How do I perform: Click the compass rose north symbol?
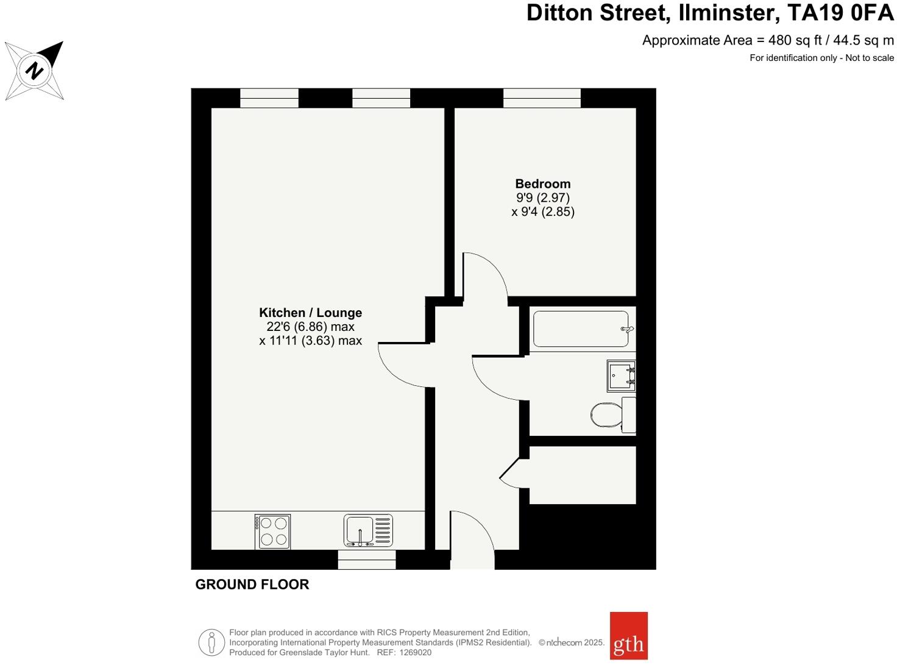click(x=35, y=70)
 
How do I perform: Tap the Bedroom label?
click(x=542, y=183)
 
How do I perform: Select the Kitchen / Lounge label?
click(x=310, y=313)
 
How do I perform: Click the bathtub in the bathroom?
click(x=581, y=329)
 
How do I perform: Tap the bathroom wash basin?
click(x=621, y=375)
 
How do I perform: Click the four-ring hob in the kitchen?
click(x=272, y=531)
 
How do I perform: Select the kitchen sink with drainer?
click(x=368, y=530)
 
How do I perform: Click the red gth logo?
click(x=628, y=636)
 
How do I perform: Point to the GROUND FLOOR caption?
click(x=252, y=584)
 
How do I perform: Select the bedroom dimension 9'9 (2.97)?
click(x=542, y=197)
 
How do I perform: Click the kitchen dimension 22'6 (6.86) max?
click(x=310, y=327)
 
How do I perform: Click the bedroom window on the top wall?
click(x=542, y=98)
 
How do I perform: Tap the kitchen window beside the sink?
click(x=366, y=560)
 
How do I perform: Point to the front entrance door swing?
click(x=472, y=539)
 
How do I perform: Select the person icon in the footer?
click(x=211, y=642)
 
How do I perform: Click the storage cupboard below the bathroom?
click(x=582, y=475)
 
